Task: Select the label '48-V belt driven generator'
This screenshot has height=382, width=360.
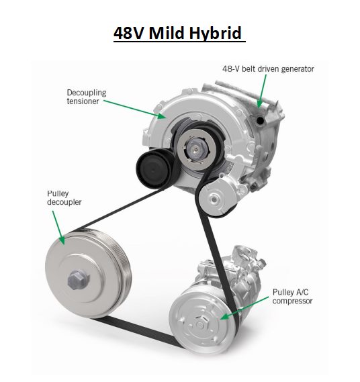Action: (268, 68)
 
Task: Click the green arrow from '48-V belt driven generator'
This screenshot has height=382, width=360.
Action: (262, 91)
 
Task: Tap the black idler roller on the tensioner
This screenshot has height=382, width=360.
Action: (151, 165)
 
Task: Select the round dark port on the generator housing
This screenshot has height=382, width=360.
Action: (260, 120)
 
